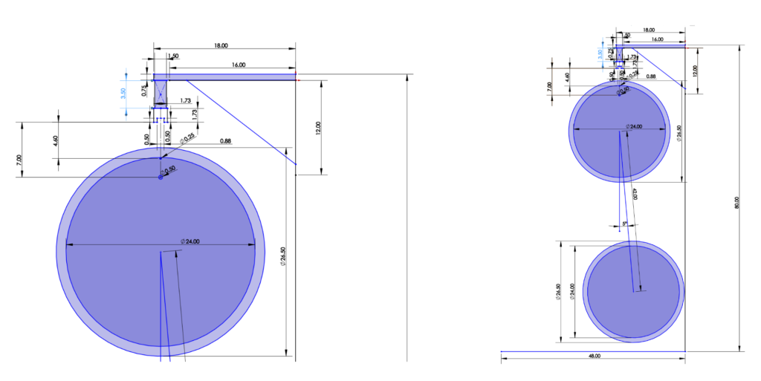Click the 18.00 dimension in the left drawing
221,46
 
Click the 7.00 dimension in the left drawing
20,160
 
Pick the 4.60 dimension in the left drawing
56,139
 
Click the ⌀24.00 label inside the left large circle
192,241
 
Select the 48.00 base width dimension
594,356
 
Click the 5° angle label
624,222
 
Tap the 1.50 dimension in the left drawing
173,56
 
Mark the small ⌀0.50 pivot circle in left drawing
160,177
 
